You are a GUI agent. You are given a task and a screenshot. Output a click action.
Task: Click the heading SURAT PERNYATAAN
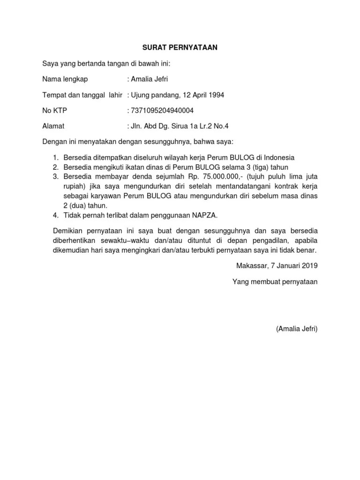tap(180, 47)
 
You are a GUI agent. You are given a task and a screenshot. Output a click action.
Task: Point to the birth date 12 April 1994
tap(202, 95)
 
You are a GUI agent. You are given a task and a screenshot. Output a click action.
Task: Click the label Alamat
tap(53, 126)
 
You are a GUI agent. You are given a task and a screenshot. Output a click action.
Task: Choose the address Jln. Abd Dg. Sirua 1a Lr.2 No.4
tap(180, 126)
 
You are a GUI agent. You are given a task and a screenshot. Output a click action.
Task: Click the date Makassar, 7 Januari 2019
tap(277, 266)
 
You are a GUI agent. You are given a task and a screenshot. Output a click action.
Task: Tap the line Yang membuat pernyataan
tap(275, 282)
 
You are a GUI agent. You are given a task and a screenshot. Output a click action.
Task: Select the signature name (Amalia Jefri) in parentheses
tap(297, 329)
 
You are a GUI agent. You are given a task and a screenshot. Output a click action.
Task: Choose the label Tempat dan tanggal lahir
tap(82, 95)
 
